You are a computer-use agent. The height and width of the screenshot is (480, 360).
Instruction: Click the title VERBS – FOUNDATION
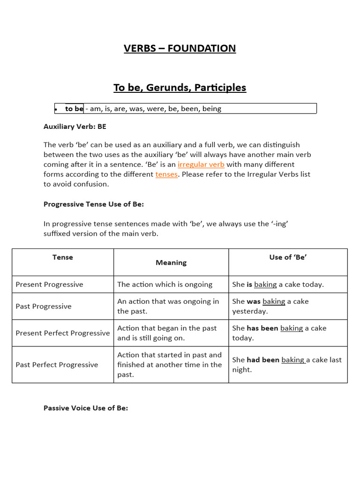pos(180,48)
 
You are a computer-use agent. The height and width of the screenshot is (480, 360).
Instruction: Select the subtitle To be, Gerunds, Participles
pos(180,88)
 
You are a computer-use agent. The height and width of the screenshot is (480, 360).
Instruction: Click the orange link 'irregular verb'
pos(201,165)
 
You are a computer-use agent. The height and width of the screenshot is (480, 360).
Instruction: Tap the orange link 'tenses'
pos(166,174)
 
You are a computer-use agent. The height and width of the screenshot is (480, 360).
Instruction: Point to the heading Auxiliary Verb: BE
pos(75,127)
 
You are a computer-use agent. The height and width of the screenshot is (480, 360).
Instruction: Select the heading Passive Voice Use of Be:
pos(86,408)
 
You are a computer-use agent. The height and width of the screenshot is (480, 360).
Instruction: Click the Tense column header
pos(63,257)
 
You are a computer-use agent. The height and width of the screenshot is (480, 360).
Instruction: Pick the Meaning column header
pos(171,262)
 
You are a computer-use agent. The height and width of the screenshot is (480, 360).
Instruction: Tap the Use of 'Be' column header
pos(288,257)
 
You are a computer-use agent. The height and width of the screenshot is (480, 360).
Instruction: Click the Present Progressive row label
pos(49,285)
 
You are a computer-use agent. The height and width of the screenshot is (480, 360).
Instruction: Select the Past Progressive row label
pos(44,307)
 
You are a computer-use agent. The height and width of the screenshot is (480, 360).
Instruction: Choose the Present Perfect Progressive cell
pos(63,333)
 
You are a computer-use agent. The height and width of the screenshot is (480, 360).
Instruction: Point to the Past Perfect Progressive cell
pos(57,365)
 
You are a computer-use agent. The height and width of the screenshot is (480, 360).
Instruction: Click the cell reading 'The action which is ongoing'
pos(165,285)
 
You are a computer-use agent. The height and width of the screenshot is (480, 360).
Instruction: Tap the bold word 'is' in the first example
pos(249,285)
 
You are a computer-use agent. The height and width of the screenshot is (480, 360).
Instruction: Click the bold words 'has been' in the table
pos(262,329)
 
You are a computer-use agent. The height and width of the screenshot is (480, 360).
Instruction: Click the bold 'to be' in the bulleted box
pos(74,109)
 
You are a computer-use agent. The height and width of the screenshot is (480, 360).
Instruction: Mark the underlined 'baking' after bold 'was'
pos(274,301)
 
